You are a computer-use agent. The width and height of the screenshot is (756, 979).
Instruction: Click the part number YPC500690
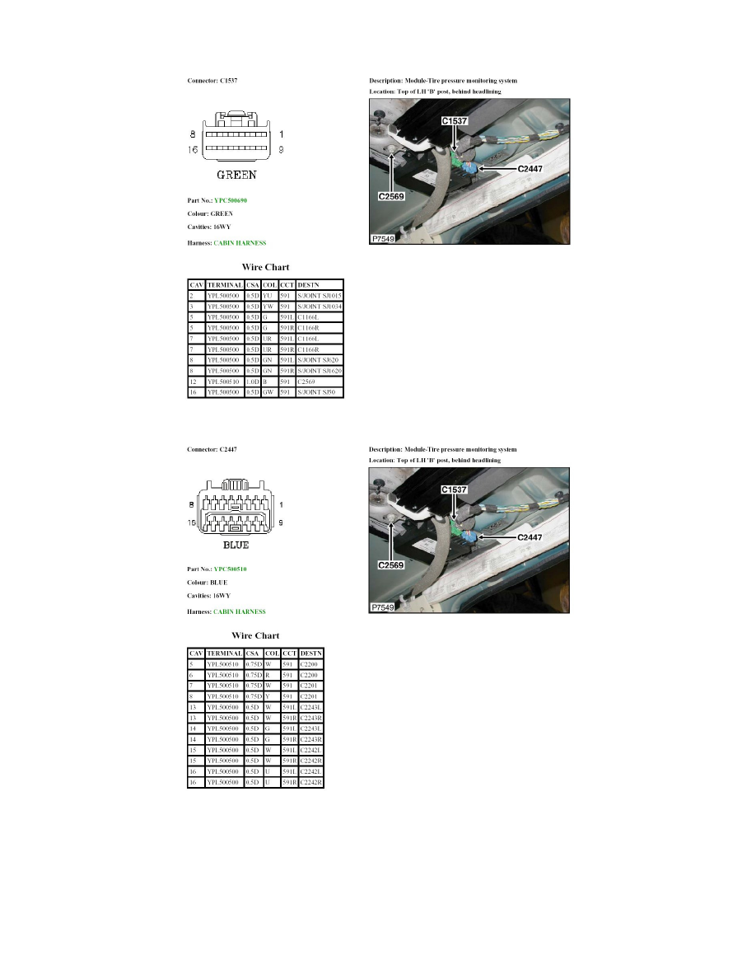point(232,200)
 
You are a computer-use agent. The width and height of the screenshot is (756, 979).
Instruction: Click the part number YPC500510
point(232,569)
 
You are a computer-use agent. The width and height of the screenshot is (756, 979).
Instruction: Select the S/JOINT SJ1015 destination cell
point(319,295)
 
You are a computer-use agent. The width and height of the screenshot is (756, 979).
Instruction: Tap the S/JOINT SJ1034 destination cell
point(319,307)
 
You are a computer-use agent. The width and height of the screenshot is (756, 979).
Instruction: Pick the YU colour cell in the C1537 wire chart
point(268,295)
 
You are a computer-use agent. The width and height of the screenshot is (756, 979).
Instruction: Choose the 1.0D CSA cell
point(253,382)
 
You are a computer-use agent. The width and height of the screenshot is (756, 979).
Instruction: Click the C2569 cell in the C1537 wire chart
point(306,382)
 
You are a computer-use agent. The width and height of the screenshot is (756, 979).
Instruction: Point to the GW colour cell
point(268,393)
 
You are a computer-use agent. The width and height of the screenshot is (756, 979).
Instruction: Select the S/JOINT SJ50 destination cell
point(316,393)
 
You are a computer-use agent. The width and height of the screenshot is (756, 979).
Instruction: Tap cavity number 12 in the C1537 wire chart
point(193,382)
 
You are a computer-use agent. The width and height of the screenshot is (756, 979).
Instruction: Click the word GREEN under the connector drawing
point(236,175)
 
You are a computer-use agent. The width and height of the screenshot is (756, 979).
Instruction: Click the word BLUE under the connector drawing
point(236,545)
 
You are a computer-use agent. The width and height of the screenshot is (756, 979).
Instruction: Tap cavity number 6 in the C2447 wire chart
point(191,675)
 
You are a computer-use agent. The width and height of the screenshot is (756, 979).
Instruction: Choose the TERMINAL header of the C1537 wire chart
point(224,284)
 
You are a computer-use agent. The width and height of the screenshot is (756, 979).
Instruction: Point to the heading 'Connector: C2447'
point(212,449)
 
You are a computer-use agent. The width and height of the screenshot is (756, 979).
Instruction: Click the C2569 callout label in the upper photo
point(390,197)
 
